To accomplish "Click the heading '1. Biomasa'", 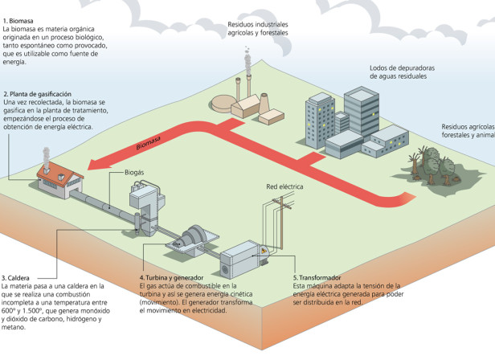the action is pyautogui.click(x=18, y=21).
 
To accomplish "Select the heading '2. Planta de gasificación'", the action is pyautogui.click(x=37, y=94).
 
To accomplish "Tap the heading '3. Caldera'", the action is pyautogui.click(x=15, y=278).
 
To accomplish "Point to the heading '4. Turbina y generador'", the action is pyautogui.click(x=171, y=278).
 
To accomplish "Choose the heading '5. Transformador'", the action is pyautogui.click(x=317, y=278).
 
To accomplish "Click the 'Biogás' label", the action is pyautogui.click(x=134, y=173).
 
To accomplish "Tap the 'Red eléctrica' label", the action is pyautogui.click(x=284, y=186).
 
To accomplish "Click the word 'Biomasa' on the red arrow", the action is pyautogui.click(x=149, y=143).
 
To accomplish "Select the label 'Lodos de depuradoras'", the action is pyautogui.click(x=402, y=67).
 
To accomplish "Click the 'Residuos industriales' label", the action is pyautogui.click(x=258, y=24).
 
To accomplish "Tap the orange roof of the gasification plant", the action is pyautogui.click(x=60, y=174).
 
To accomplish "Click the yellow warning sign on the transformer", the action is pyautogui.click(x=264, y=251).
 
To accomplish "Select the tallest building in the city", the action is pyautogui.click(x=361, y=112).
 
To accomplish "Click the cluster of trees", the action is pyautogui.click(x=432, y=166).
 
